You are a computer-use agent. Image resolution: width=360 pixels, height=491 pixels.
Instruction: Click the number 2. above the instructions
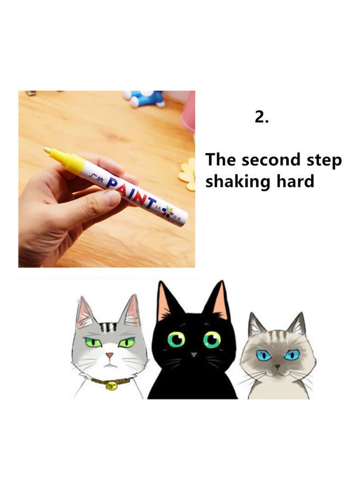[262, 117]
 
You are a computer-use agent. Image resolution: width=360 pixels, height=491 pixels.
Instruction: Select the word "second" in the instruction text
[271, 160]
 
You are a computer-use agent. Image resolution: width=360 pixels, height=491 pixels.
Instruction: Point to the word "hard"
[296, 181]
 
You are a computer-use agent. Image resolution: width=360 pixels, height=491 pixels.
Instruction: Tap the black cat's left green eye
[176, 340]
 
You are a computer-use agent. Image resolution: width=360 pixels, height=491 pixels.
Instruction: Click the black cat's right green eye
[212, 340]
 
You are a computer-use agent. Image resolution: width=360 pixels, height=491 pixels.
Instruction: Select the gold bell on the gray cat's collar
[111, 385]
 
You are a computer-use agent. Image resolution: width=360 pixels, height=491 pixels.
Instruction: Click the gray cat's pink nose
[110, 356]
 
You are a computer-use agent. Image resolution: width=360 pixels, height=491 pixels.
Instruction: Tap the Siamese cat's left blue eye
[265, 355]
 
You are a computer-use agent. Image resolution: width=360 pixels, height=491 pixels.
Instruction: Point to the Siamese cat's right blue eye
[292, 355]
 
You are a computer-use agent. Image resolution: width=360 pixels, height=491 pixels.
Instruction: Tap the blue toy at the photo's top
[145, 98]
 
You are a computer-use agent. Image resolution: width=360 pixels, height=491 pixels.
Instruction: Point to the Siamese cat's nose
[278, 367]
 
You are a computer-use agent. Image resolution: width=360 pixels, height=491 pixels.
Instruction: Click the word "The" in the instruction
[220, 160]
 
